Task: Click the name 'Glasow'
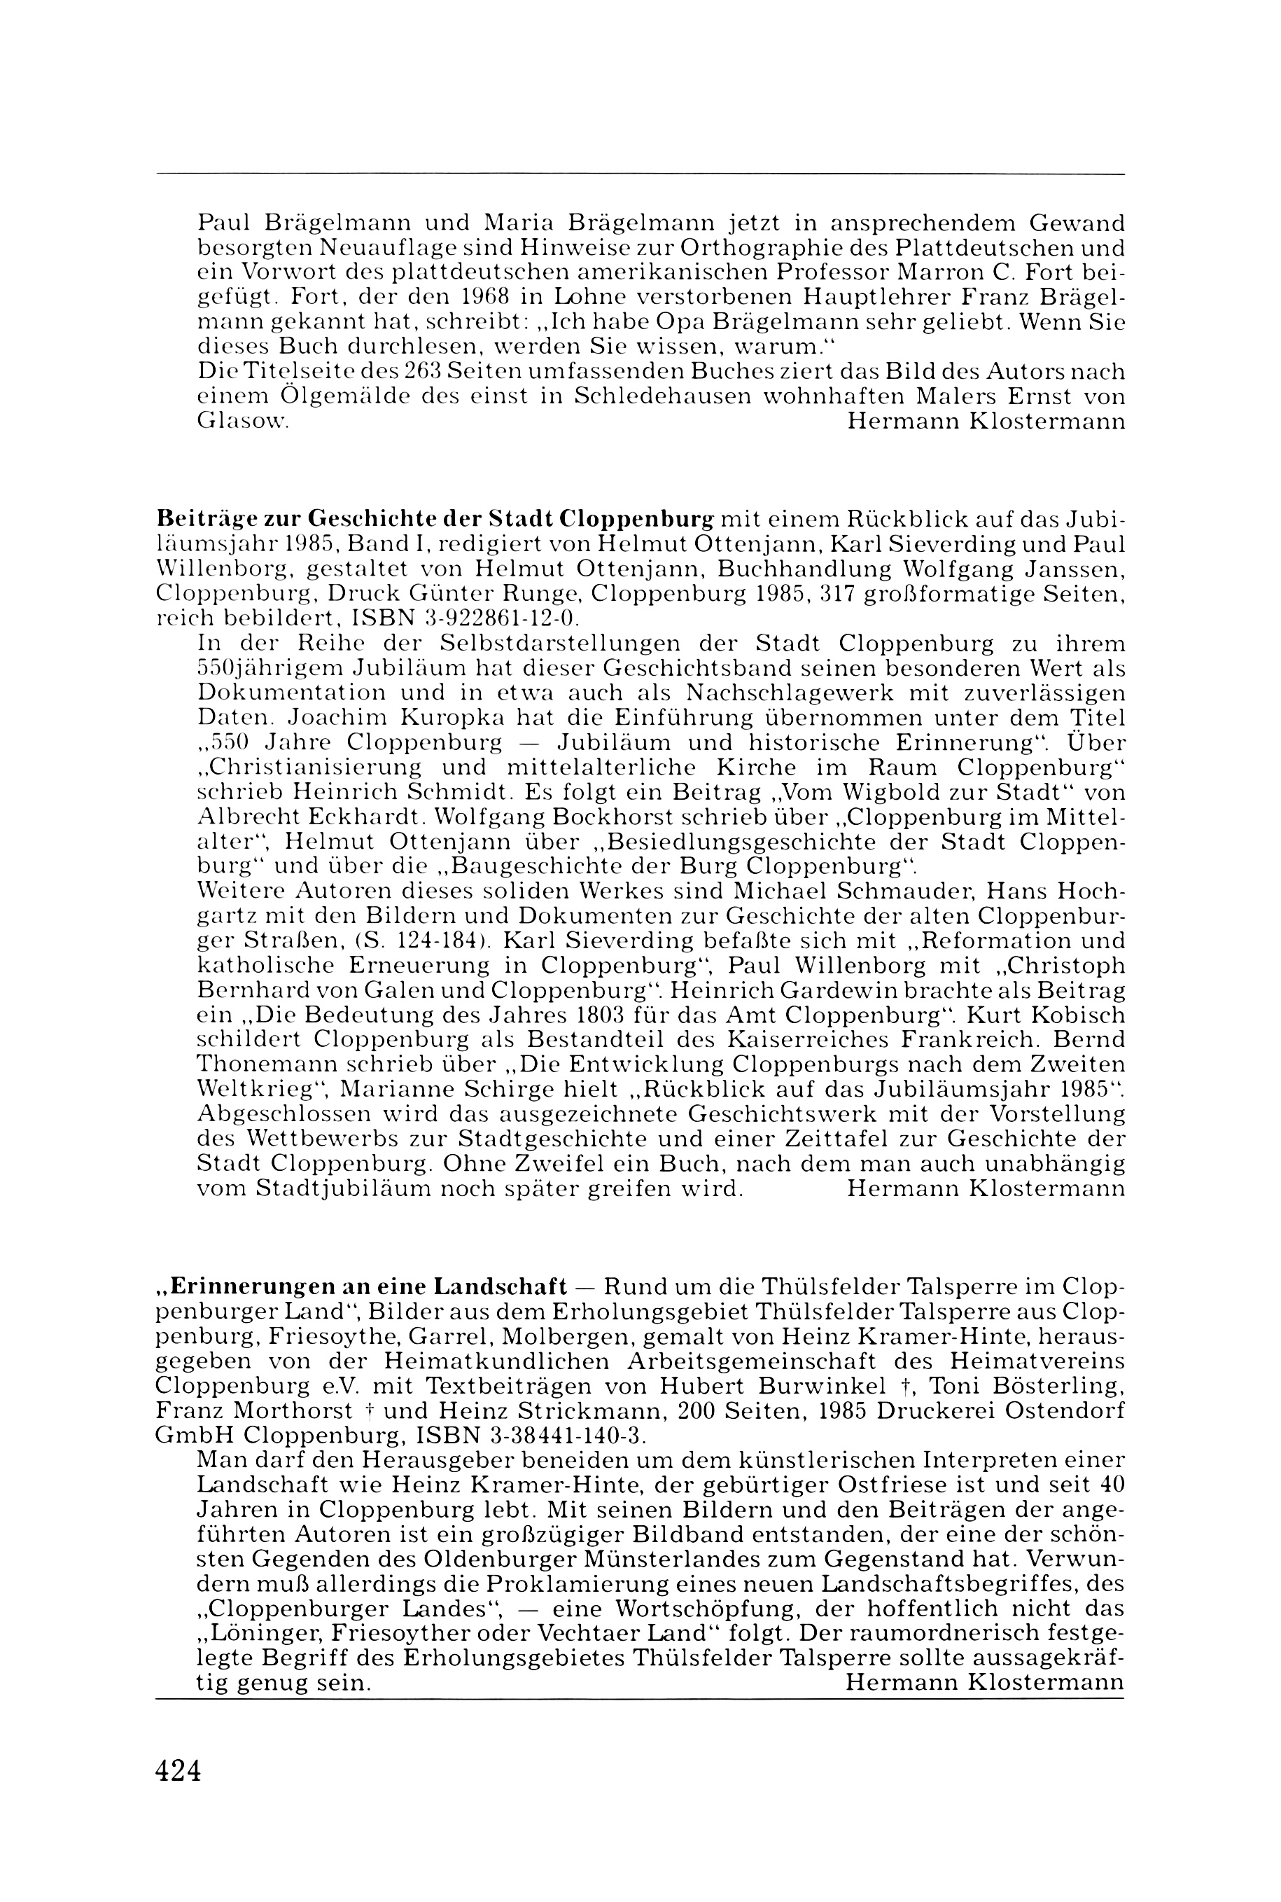click(241, 422)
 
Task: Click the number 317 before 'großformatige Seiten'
click(839, 595)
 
